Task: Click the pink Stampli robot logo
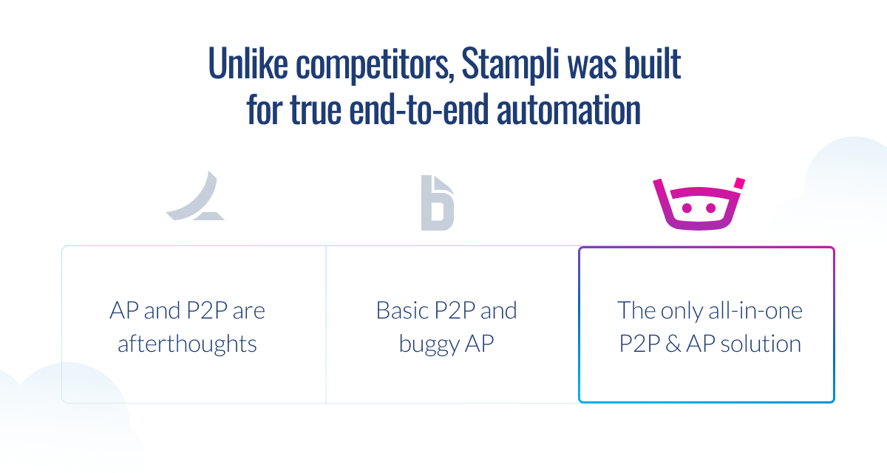(698, 204)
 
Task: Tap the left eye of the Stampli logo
(686, 208)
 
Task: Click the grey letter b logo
(438, 203)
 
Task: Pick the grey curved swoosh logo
(194, 198)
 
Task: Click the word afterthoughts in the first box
(188, 344)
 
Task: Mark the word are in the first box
(248, 310)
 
